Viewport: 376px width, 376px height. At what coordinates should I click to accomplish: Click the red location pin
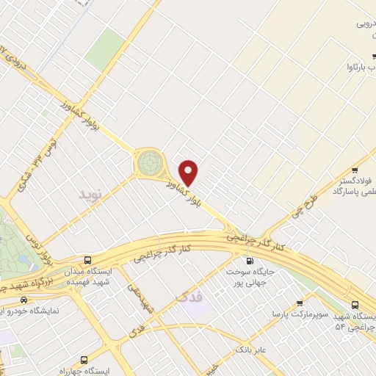click(x=189, y=173)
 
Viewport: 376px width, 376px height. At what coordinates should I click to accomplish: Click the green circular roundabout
click(x=149, y=161)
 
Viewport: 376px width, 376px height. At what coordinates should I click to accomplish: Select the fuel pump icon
click(x=250, y=261)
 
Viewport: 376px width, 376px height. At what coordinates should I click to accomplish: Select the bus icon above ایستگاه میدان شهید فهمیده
click(x=88, y=260)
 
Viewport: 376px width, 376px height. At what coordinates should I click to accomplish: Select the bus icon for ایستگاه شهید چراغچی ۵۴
click(x=355, y=304)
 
